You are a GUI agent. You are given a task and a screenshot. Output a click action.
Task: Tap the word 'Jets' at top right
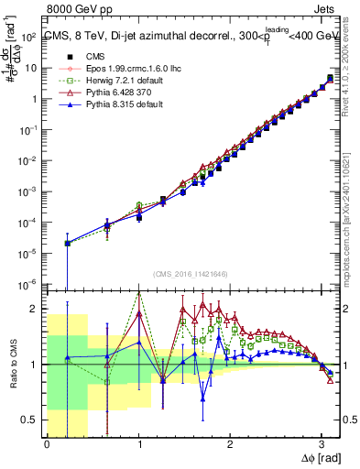(322, 7)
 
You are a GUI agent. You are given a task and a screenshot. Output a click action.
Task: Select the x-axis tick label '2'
(230, 445)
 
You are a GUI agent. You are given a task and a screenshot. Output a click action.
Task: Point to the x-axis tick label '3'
(321, 445)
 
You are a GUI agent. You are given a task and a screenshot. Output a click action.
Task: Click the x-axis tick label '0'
(47, 445)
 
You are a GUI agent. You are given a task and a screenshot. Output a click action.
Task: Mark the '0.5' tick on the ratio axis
(30, 420)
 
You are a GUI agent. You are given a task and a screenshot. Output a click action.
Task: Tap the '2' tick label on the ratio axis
(36, 309)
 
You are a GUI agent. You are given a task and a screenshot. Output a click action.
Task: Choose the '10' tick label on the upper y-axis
(32, 68)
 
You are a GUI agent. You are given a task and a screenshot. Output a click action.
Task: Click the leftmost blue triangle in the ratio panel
(67, 358)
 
